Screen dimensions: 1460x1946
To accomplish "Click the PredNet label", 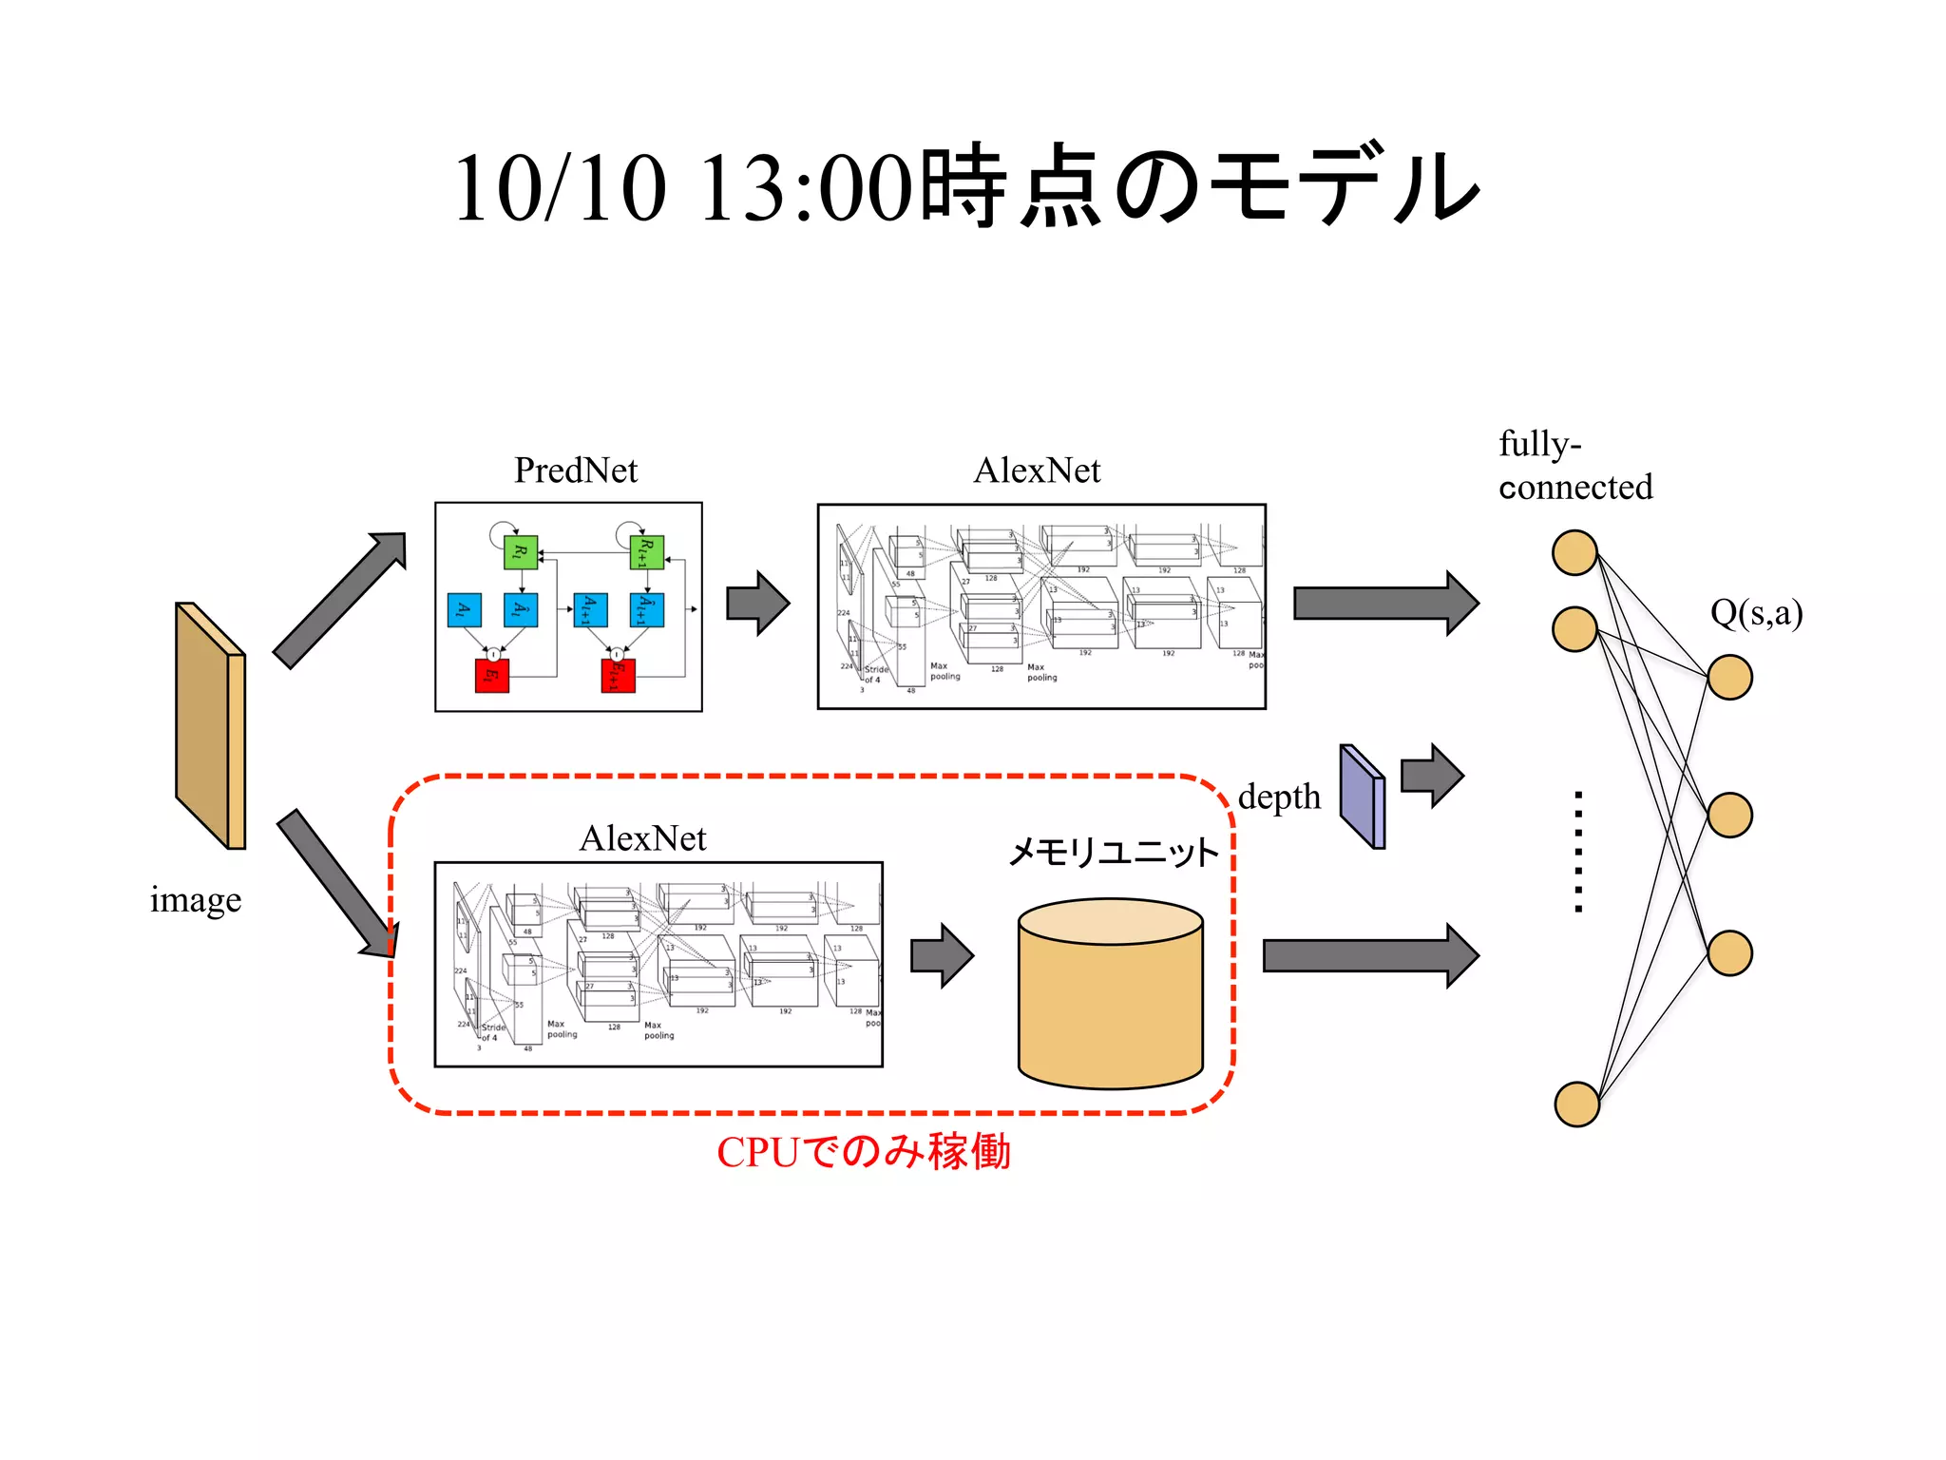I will point(575,471).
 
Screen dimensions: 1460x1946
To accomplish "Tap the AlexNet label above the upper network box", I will point(1037,471).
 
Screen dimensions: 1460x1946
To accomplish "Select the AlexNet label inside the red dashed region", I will point(642,838).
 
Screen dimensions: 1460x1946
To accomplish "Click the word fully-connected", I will point(1574,466).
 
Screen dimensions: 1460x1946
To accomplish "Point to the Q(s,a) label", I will point(1756,613).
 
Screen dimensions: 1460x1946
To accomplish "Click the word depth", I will point(1279,797).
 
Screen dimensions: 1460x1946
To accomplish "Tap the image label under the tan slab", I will point(195,899).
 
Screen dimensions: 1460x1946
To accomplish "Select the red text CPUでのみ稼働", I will point(863,1151).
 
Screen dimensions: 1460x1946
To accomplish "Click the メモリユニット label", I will point(1113,852).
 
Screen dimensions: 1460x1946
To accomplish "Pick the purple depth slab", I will point(1363,797).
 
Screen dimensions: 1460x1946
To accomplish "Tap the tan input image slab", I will point(210,726).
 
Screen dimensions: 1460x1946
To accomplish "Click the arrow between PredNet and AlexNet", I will point(757,603).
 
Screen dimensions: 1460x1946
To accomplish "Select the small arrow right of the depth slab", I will point(1431,776).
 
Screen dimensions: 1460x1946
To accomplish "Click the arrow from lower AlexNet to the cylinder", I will point(942,955).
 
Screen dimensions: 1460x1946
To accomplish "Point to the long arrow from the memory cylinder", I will point(1369,955).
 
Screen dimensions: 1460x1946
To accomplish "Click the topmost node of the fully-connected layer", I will point(1574,552).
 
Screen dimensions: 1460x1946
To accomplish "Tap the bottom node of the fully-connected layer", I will point(1576,1104).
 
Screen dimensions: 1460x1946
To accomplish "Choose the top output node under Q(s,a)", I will point(1728,677).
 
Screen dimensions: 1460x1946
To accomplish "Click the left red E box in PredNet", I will point(491,675).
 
